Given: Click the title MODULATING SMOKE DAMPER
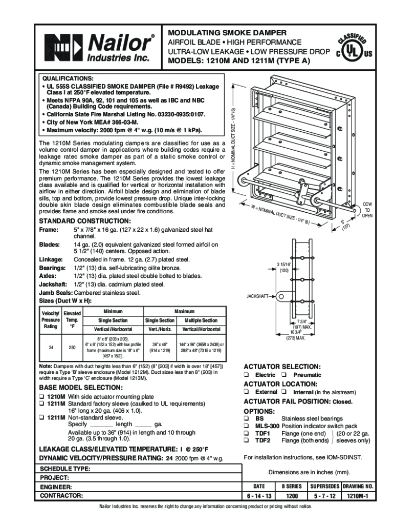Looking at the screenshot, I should tap(225, 32).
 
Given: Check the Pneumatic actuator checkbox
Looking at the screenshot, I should tap(283, 375).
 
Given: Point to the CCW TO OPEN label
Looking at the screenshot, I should tap(367, 210).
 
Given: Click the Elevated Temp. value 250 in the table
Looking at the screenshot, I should tap(72, 347).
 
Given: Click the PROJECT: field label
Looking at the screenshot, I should tap(55, 477).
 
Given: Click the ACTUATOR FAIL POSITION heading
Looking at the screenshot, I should tap(287, 401).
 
